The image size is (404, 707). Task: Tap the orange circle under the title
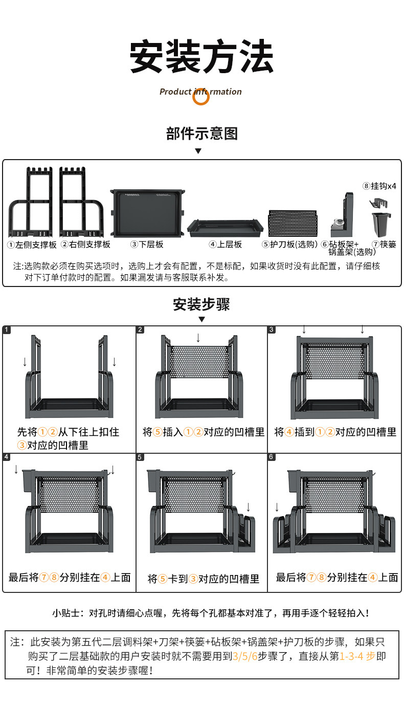click(201, 97)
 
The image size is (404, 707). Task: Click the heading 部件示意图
click(201, 134)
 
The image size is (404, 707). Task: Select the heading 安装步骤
click(201, 305)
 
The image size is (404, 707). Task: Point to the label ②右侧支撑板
click(86, 245)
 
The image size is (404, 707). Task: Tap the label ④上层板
click(225, 245)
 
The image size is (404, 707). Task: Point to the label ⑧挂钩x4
click(379, 186)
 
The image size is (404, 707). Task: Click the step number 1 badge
click(7, 330)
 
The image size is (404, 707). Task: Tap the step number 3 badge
click(272, 330)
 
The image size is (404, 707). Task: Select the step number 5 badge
click(140, 456)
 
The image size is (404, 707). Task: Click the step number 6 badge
click(272, 456)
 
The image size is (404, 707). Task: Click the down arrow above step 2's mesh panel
click(198, 338)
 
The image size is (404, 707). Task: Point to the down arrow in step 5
click(249, 507)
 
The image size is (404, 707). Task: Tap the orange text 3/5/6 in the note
click(245, 656)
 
